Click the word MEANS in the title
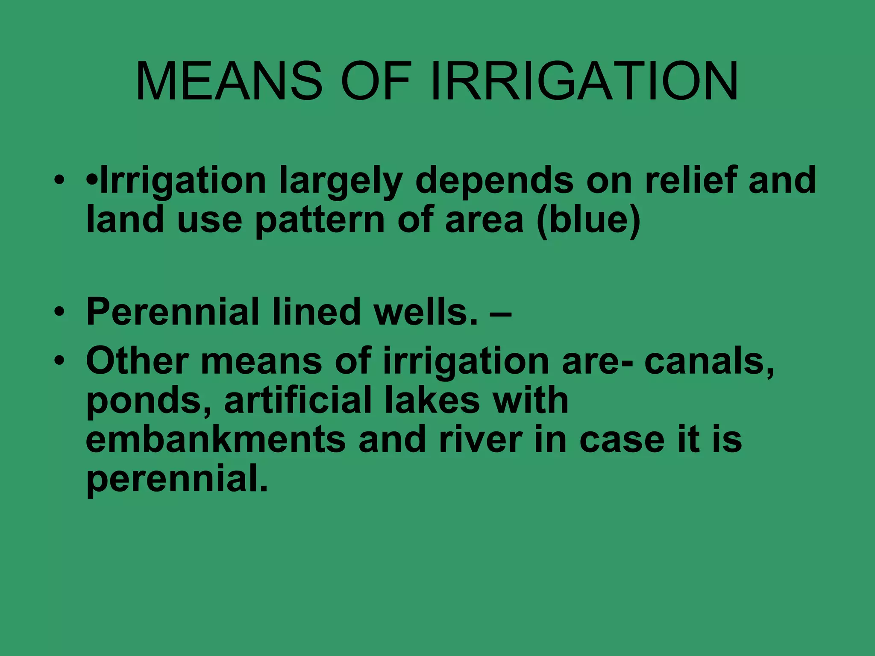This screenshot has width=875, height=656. click(x=229, y=81)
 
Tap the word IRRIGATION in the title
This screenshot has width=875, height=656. click(x=584, y=81)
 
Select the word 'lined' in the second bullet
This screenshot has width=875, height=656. click(x=316, y=312)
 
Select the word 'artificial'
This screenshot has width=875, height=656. click(x=298, y=401)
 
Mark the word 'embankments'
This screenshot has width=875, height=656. click(x=215, y=440)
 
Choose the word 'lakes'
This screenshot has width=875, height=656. click(x=432, y=401)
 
